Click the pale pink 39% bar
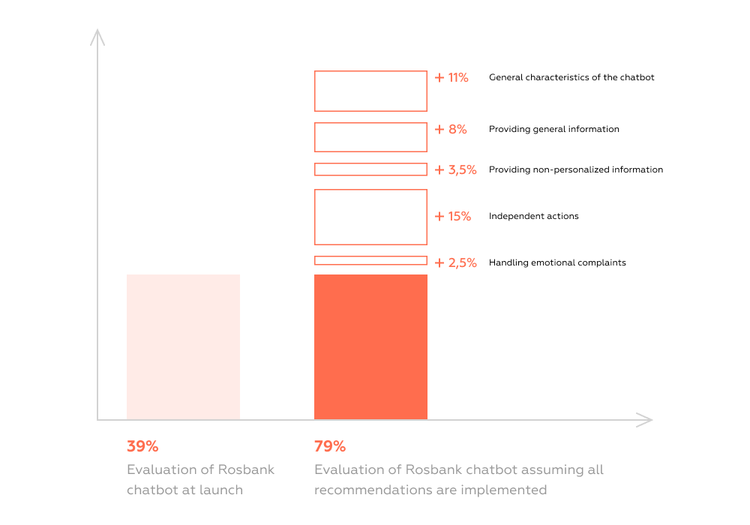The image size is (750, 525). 183,346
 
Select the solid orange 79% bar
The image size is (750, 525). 370,346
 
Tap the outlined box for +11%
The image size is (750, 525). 370,91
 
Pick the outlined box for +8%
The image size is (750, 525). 370,137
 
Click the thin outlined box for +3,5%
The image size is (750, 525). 370,169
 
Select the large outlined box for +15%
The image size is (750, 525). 370,217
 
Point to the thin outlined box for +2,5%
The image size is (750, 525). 370,260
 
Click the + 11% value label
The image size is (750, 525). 451,77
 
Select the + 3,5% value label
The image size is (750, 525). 455,169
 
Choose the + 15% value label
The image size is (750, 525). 453,216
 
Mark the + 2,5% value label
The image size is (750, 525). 455,262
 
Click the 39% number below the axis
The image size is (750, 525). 142,446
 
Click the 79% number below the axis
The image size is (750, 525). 330,446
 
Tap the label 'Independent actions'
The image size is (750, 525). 533,216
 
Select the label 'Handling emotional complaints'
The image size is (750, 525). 557,262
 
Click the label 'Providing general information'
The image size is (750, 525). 554,129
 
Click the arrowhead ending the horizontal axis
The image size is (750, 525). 645,420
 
